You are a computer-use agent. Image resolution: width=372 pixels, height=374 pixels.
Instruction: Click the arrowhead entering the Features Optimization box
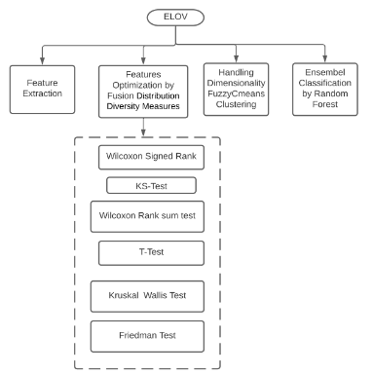coord(143,60)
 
